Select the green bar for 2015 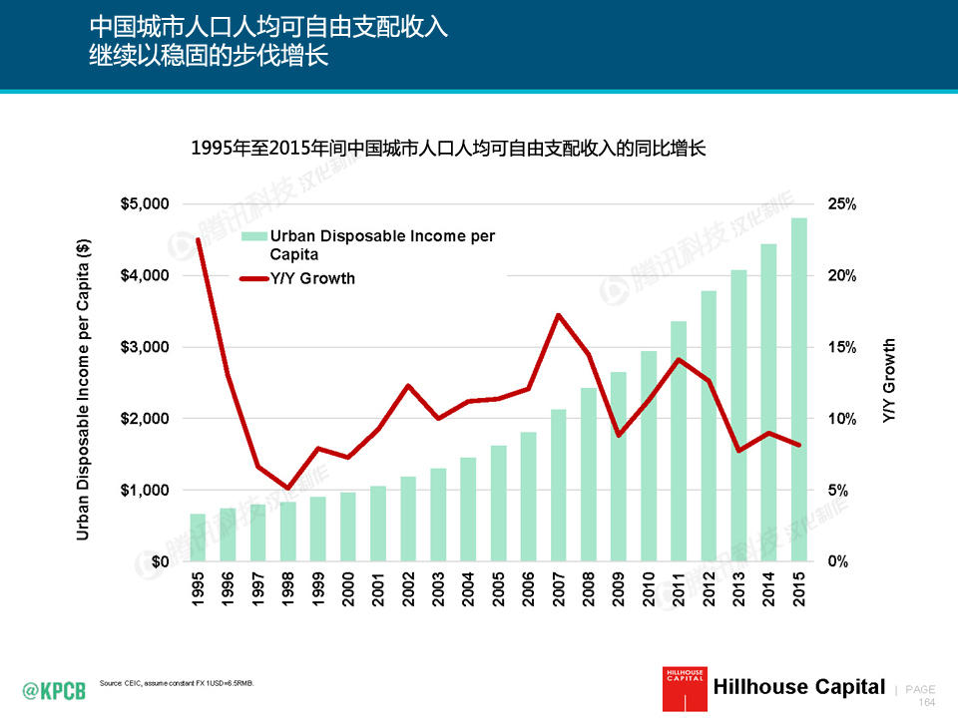(798, 390)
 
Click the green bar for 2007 (558, 486)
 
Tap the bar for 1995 (198, 538)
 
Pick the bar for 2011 (679, 442)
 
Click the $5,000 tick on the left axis (145, 204)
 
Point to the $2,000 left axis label (145, 419)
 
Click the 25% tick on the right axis (842, 204)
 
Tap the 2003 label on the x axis (438, 588)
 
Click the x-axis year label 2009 (619, 588)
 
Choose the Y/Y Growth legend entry (312, 278)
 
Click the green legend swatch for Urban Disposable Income (253, 236)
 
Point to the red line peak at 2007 (558, 315)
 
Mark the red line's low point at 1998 (287, 489)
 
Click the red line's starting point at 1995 (198, 239)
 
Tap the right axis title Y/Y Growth (890, 383)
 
